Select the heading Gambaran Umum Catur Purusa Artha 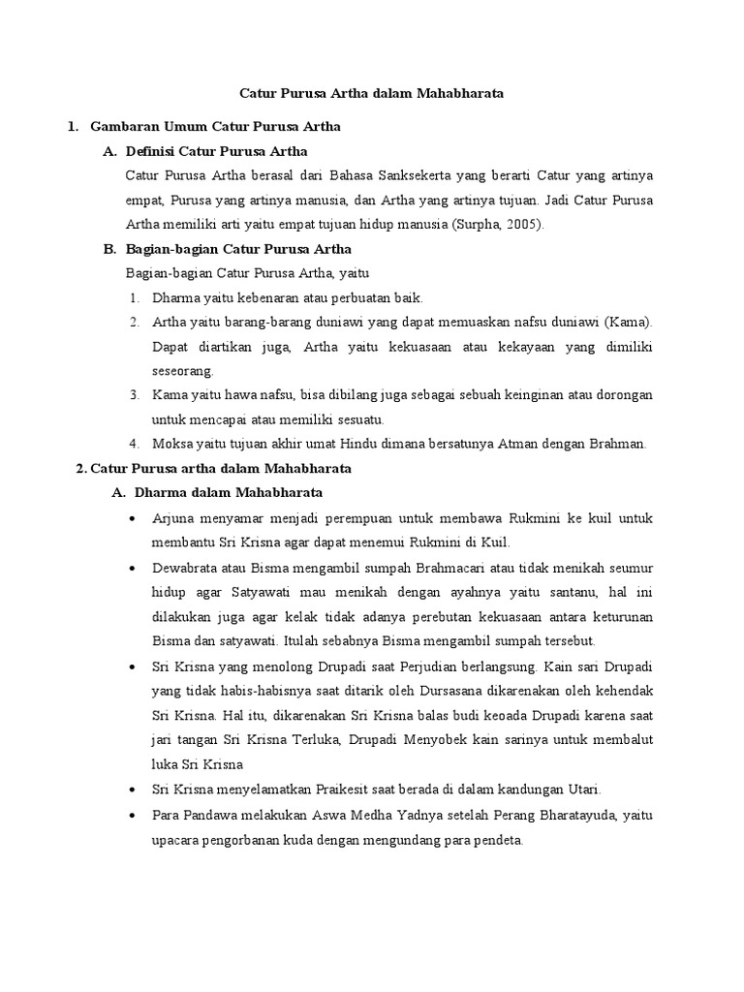(x=215, y=127)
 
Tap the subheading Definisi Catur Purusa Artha (x=217, y=151)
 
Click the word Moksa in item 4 (x=170, y=444)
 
